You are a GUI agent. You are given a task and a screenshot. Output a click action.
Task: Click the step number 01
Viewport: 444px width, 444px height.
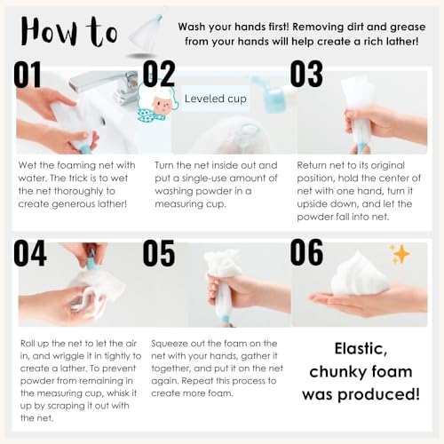29,74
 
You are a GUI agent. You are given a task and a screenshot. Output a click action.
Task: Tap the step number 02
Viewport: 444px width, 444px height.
160,74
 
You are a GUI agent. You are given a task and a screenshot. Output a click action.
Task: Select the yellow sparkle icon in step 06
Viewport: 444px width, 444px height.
400,255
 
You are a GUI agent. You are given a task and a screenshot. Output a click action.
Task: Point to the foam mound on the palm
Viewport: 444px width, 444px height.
361,280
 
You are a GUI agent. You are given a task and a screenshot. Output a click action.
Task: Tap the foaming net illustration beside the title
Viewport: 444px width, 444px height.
147,31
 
